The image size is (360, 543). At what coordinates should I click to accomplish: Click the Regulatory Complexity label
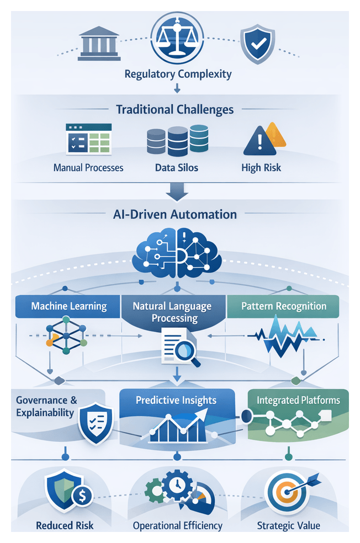click(x=178, y=73)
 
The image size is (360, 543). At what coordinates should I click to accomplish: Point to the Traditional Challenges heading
click(x=174, y=109)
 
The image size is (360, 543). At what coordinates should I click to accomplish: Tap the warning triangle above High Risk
click(x=260, y=141)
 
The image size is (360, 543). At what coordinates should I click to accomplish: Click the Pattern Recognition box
click(x=284, y=306)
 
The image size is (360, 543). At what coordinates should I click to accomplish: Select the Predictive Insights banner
click(x=177, y=400)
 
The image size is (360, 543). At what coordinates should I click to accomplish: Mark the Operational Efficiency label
click(x=178, y=526)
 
